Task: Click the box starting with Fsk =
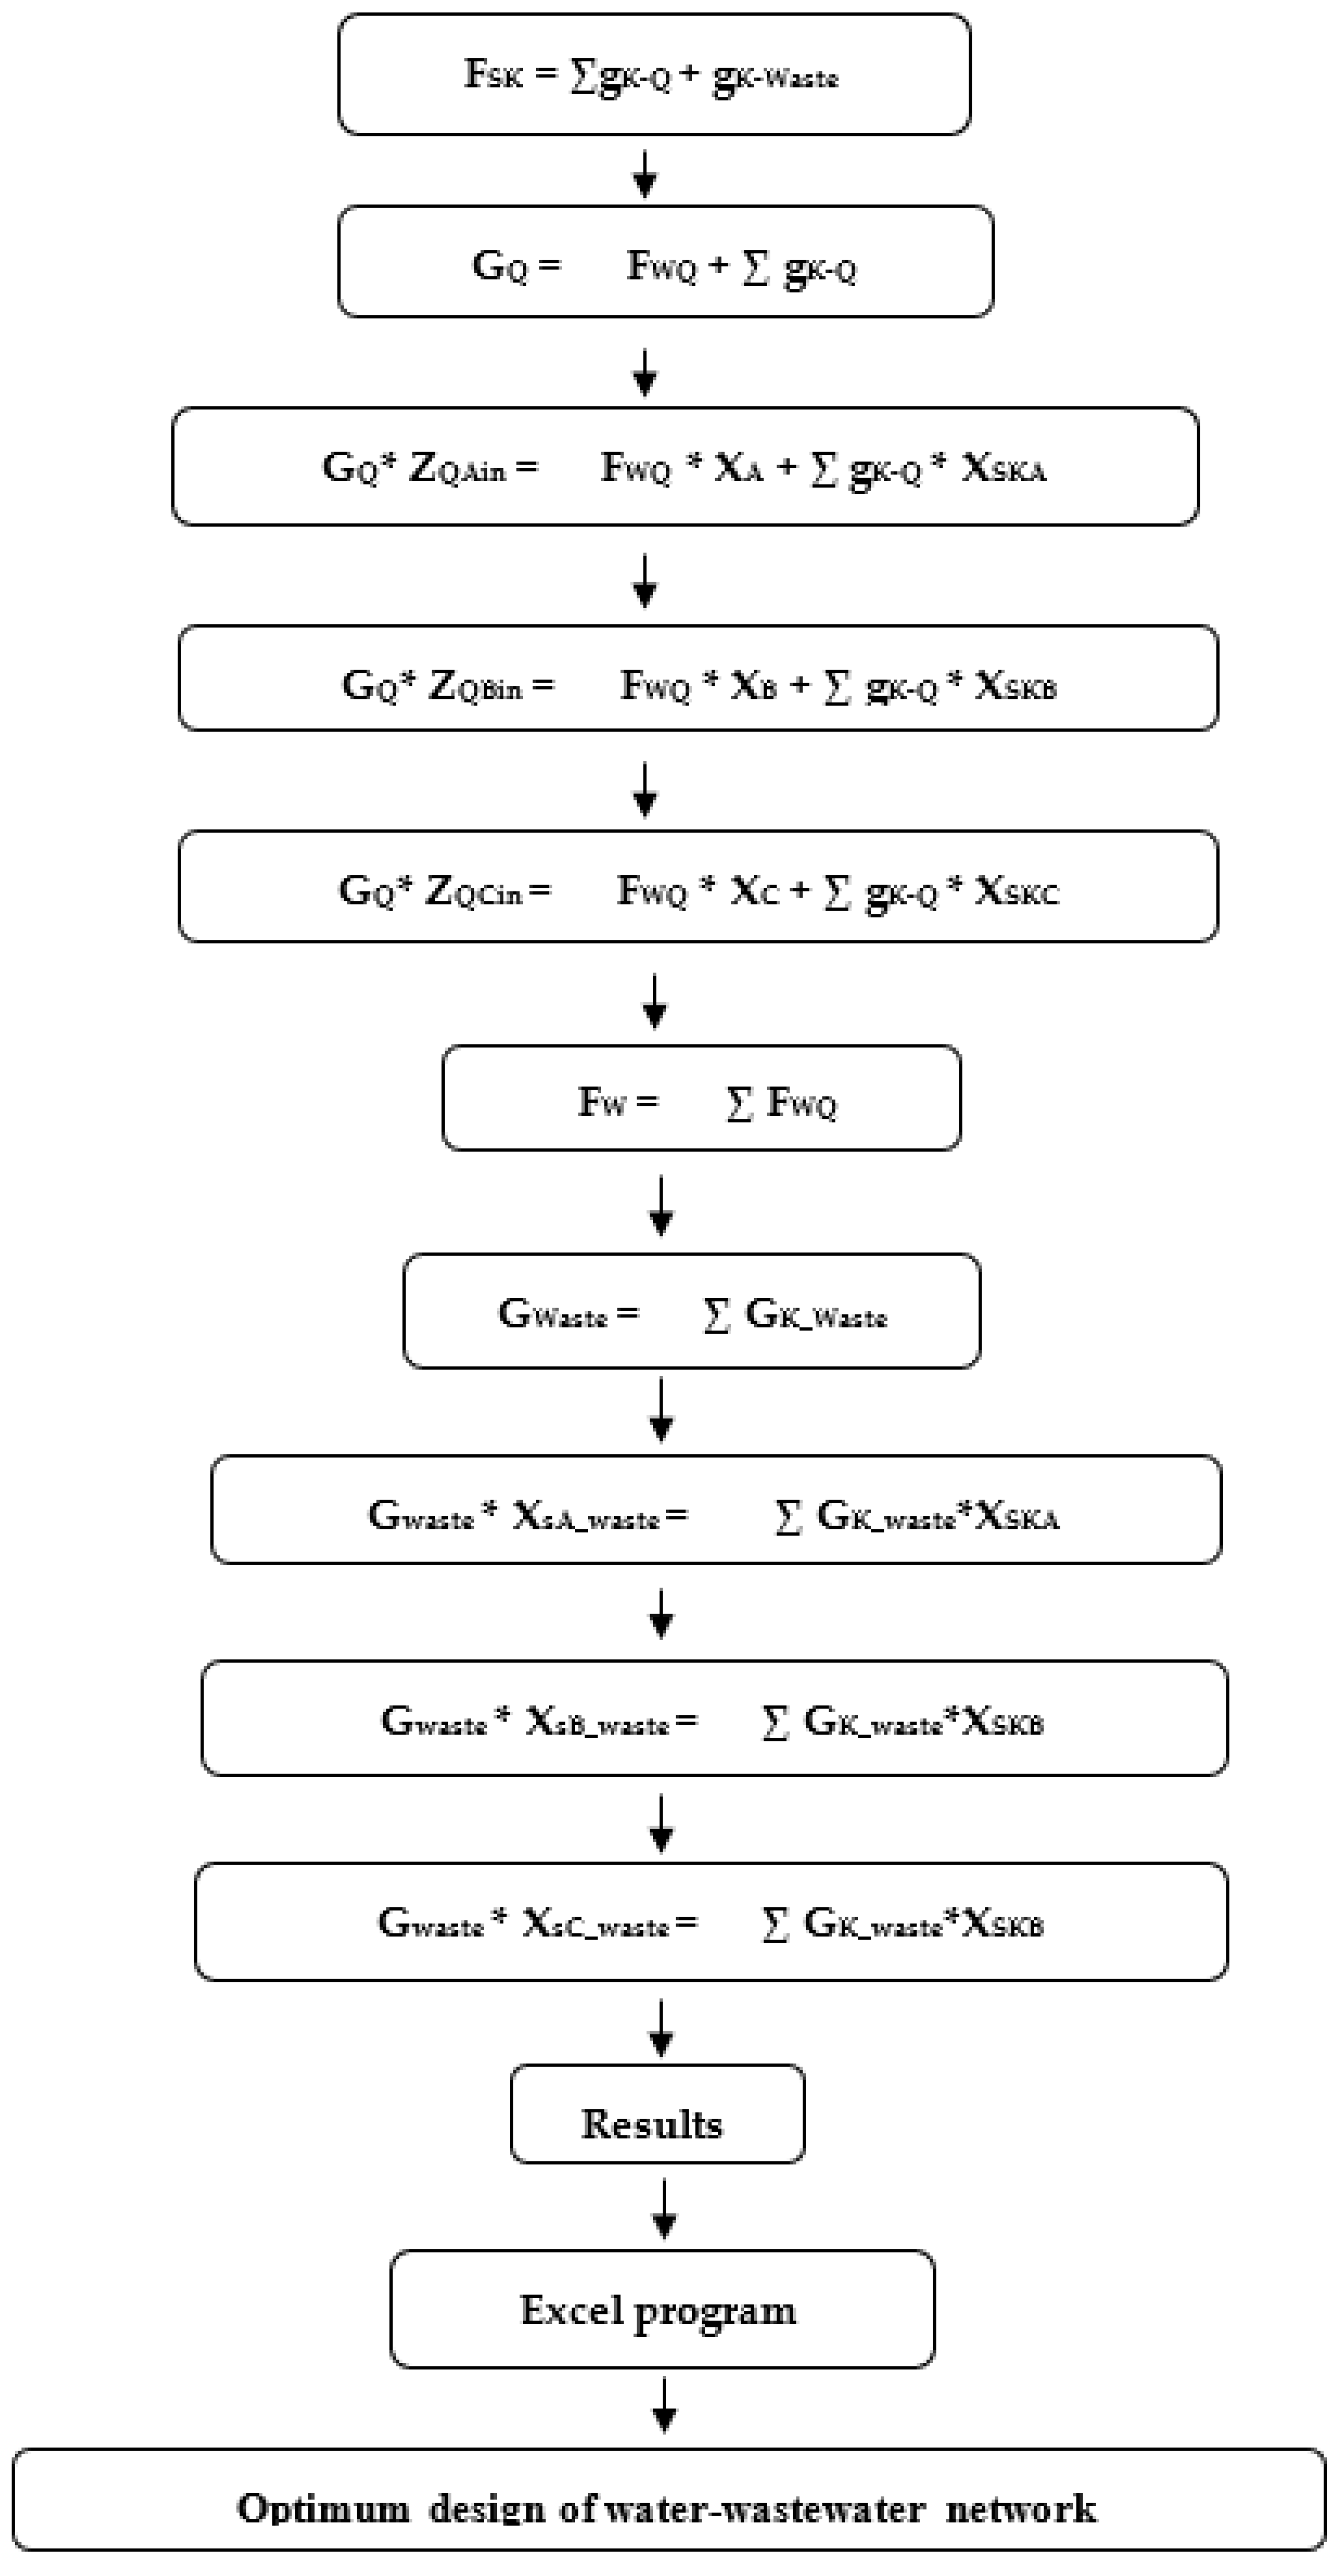point(654,74)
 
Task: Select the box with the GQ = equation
point(665,262)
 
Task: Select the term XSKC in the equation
point(1016,890)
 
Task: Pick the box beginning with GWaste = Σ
point(692,1312)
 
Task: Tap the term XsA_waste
point(586,1516)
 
